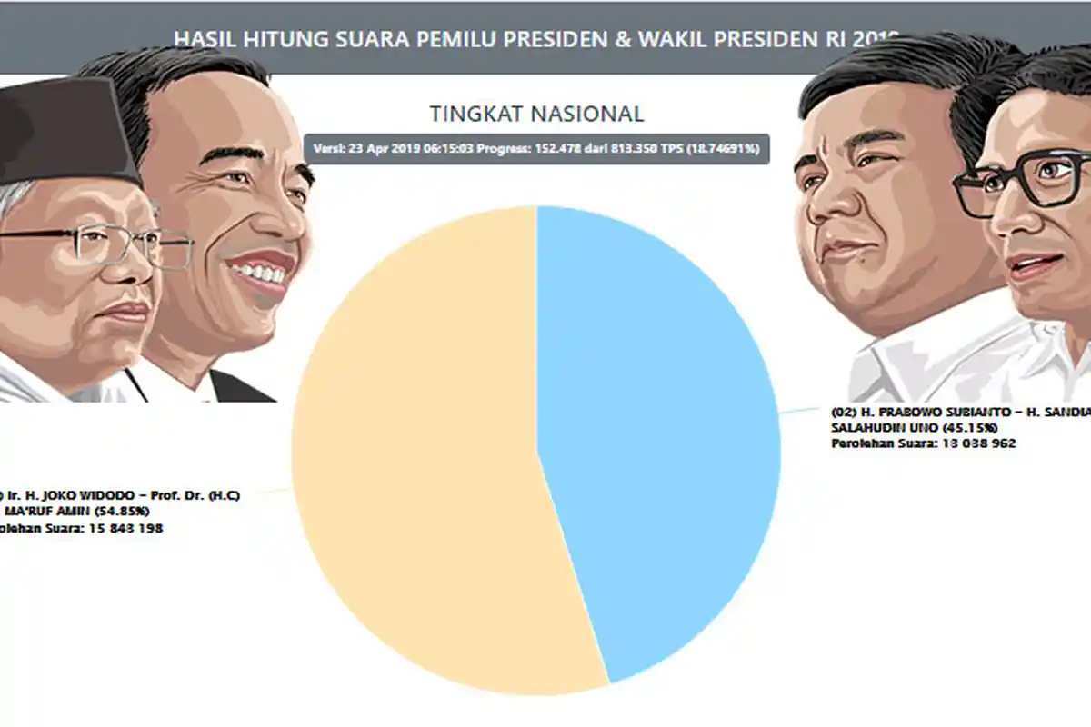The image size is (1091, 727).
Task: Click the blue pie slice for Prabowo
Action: click(x=664, y=436)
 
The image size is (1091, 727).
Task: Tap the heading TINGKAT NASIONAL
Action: click(x=536, y=114)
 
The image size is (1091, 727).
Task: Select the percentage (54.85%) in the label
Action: click(x=120, y=513)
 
